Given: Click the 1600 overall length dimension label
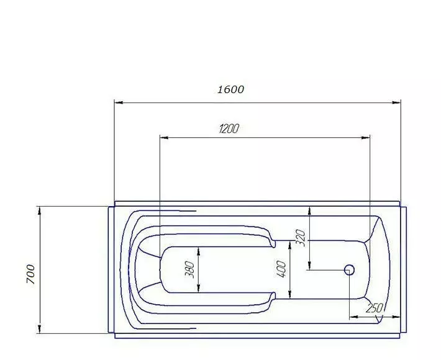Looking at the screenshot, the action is (230, 89).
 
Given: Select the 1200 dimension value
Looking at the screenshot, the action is (229, 128).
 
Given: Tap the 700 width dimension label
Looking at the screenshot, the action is (30, 274).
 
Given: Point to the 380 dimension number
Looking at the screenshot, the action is (189, 269).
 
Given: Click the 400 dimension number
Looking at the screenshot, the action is (281, 269).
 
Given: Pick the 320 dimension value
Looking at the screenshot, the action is (301, 238).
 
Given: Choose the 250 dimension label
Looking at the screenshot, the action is (375, 308).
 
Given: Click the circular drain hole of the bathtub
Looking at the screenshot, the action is (349, 270).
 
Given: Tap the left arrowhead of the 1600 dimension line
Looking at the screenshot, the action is (119, 102).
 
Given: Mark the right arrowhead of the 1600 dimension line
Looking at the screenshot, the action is (396, 102).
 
